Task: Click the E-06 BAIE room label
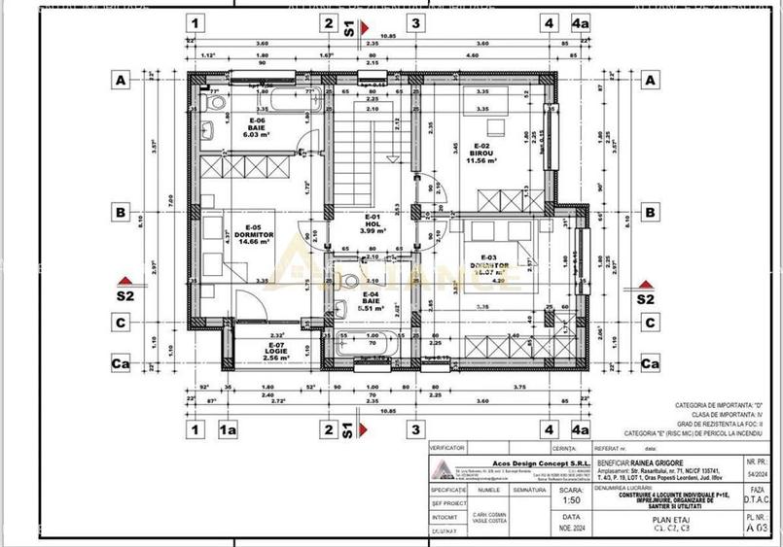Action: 257,127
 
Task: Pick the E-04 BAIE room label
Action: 371,298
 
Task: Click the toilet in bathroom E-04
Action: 350,282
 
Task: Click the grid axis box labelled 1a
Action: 230,427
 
